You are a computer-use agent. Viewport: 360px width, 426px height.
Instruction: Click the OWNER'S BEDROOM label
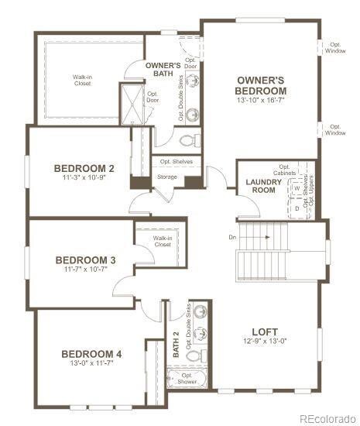pyautogui.click(x=260, y=85)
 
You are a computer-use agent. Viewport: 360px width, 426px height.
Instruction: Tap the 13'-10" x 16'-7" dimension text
pyautogui.click(x=260, y=100)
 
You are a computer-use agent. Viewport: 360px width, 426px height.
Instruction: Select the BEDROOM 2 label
pyautogui.click(x=84, y=168)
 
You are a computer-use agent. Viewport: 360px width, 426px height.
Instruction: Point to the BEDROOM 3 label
pyautogui.click(x=85, y=259)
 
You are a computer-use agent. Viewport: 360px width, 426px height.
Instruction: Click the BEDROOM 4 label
pyautogui.click(x=91, y=354)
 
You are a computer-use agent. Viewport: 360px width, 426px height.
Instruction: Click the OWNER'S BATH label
pyautogui.click(x=163, y=70)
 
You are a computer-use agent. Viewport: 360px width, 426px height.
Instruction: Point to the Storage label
pyautogui.click(x=167, y=177)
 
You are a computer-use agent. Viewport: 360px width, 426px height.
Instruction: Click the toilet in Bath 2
pyautogui.click(x=199, y=356)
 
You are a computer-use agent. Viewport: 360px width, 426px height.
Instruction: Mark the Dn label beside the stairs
pyautogui.click(x=232, y=237)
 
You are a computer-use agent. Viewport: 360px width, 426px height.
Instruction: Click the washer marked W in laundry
pyautogui.click(x=297, y=188)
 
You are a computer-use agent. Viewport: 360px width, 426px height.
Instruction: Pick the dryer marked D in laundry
pyautogui.click(x=297, y=207)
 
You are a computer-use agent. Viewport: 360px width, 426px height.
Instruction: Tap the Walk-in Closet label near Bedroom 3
pyautogui.click(x=162, y=241)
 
